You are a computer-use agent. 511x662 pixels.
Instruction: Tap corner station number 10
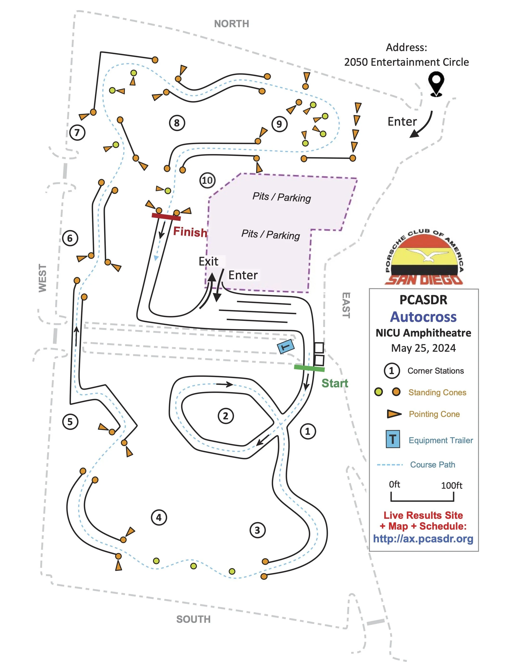pyautogui.click(x=207, y=181)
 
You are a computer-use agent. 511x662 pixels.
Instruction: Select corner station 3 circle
pyautogui.click(x=257, y=530)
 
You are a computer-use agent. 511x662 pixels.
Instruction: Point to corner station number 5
pyautogui.click(x=70, y=422)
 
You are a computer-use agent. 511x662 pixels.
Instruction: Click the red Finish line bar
pyautogui.click(x=166, y=217)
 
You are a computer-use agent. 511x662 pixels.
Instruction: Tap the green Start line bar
pyautogui.click(x=309, y=368)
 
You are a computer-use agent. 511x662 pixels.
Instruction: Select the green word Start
pyautogui.click(x=334, y=383)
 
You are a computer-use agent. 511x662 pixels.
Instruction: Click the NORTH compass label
pyautogui.click(x=232, y=24)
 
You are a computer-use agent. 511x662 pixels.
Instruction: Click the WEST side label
pyautogui.click(x=43, y=278)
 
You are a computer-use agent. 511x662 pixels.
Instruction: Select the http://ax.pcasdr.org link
pyautogui.click(x=423, y=539)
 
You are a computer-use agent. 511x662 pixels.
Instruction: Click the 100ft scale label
pyautogui.click(x=451, y=486)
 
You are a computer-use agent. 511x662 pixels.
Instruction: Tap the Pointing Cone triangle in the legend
pyautogui.click(x=394, y=414)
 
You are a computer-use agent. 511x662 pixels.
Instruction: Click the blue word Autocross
pyautogui.click(x=423, y=317)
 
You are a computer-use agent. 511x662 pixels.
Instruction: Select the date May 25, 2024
pyautogui.click(x=423, y=348)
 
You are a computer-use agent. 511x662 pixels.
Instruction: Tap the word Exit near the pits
pyautogui.click(x=208, y=261)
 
